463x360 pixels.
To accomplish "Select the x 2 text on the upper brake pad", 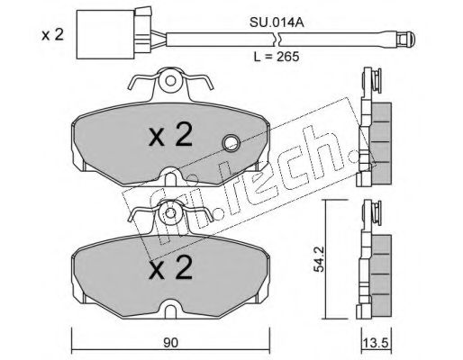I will (170, 137).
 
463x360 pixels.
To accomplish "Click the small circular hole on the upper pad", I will (230, 141).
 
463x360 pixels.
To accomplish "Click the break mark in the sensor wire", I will (280, 40).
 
